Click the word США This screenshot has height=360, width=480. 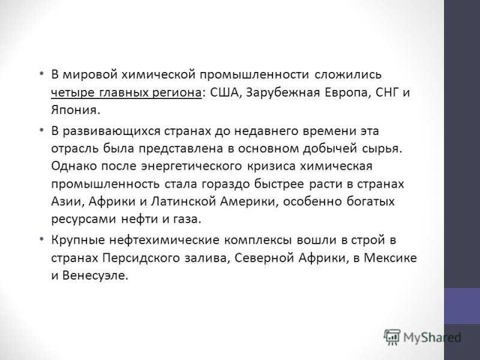224,92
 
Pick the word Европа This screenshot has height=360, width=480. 346,93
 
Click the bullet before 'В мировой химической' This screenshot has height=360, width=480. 41,74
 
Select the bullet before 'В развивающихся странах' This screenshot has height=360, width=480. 41,130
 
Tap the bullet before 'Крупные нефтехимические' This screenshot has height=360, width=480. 41,239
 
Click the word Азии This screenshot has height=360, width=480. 67,202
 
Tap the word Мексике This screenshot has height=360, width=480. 391,258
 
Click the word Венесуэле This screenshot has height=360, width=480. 95,276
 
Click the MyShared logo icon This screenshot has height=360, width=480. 392,337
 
